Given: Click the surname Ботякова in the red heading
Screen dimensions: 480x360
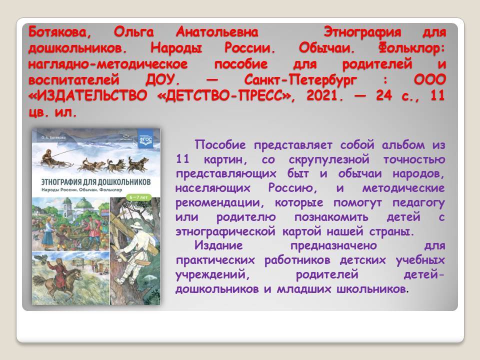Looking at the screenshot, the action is coord(59,32).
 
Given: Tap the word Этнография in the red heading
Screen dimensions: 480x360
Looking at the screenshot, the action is coord(362,32).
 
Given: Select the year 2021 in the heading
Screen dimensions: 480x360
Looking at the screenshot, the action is coord(325,95).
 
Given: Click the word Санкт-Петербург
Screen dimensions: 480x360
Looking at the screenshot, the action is coord(300,80).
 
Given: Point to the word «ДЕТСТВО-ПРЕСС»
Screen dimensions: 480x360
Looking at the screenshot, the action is coord(226,95).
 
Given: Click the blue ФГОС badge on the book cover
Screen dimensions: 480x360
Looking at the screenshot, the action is coord(145,139).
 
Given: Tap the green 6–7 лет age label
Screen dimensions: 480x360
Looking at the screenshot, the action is coord(138,197).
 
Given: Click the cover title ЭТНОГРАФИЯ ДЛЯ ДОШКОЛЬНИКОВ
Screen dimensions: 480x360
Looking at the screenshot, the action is coord(96,182).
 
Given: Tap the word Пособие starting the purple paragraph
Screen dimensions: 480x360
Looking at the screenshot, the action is coord(220,145).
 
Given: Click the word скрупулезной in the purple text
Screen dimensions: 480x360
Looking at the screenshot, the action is coord(329,159).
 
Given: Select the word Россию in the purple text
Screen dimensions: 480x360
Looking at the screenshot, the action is coord(292,187).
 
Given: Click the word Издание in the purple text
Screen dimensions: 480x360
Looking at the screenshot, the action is coord(218,245).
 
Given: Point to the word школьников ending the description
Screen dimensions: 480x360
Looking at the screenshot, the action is coord(372,288).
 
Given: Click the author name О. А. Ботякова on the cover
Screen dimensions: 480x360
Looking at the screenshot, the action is coord(53,138).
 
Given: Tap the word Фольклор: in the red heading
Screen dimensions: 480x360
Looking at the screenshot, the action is coord(411,48).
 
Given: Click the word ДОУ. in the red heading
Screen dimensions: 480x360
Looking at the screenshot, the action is coord(162,80).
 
